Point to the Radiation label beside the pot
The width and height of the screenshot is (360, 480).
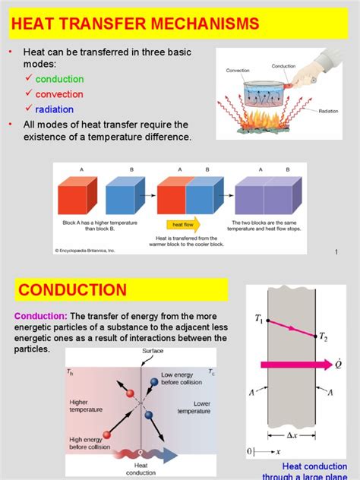tap(328, 111)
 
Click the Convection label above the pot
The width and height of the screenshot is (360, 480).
tap(237, 70)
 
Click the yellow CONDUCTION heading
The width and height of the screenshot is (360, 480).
tap(73, 290)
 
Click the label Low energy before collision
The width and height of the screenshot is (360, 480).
tap(179, 377)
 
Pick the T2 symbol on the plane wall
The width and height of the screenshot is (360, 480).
tap(325, 337)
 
